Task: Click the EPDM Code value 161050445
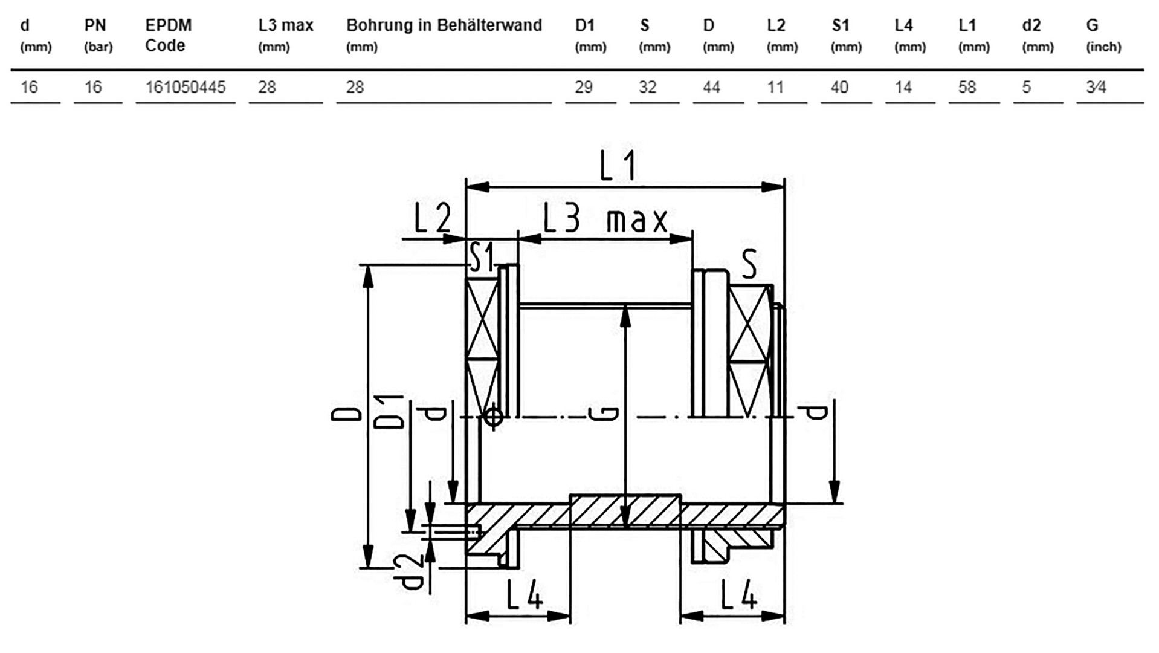tap(185, 87)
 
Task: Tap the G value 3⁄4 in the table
tap(1096, 87)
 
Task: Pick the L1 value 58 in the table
tap(967, 87)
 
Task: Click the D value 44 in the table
tap(711, 87)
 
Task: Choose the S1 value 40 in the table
tap(839, 87)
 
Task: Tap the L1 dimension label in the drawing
tap(618, 166)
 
